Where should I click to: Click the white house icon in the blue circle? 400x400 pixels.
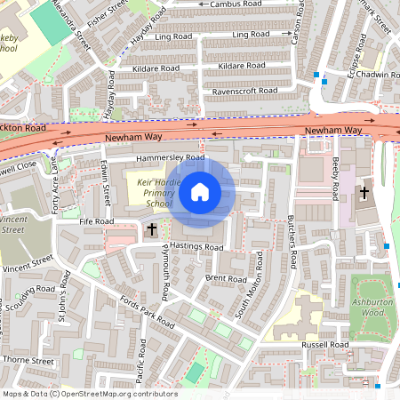tap(200, 191)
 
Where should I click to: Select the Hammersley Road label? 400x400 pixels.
tap(170, 158)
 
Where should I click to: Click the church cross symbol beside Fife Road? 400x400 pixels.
tap(151, 230)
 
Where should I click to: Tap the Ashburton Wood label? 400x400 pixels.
tap(373, 307)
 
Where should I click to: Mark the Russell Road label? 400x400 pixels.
tap(324, 344)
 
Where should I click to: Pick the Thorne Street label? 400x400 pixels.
tap(28, 361)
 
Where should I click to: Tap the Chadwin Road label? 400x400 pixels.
tap(374, 75)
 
